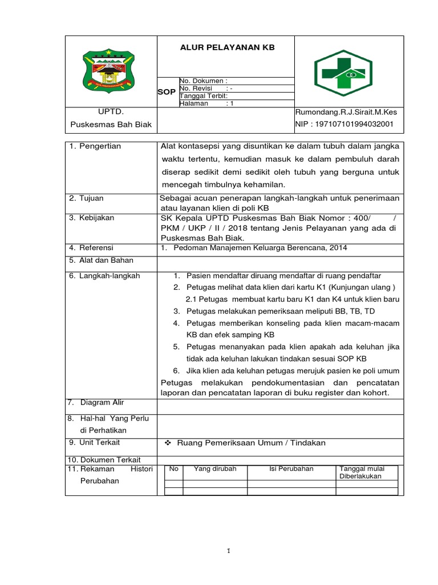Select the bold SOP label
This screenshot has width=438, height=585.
pyautogui.click(x=167, y=92)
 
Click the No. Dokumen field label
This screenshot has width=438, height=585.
pyautogui.click(x=204, y=81)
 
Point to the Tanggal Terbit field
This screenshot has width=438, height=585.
pyautogui.click(x=204, y=96)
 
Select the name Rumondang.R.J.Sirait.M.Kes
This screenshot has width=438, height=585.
pyautogui.click(x=346, y=113)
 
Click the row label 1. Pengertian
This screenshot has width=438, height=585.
pyautogui.click(x=95, y=146)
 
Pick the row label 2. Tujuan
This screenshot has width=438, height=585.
pyautogui.click(x=87, y=198)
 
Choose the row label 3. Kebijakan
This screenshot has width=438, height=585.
pyautogui.click(x=92, y=218)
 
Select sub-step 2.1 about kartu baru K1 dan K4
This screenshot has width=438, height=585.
pyautogui.click(x=293, y=299)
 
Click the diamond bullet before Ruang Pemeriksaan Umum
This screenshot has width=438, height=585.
pyautogui.click(x=168, y=443)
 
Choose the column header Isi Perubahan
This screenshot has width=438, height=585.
pyautogui.click(x=291, y=469)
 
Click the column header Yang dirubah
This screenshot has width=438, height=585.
pyautogui.click(x=215, y=469)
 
